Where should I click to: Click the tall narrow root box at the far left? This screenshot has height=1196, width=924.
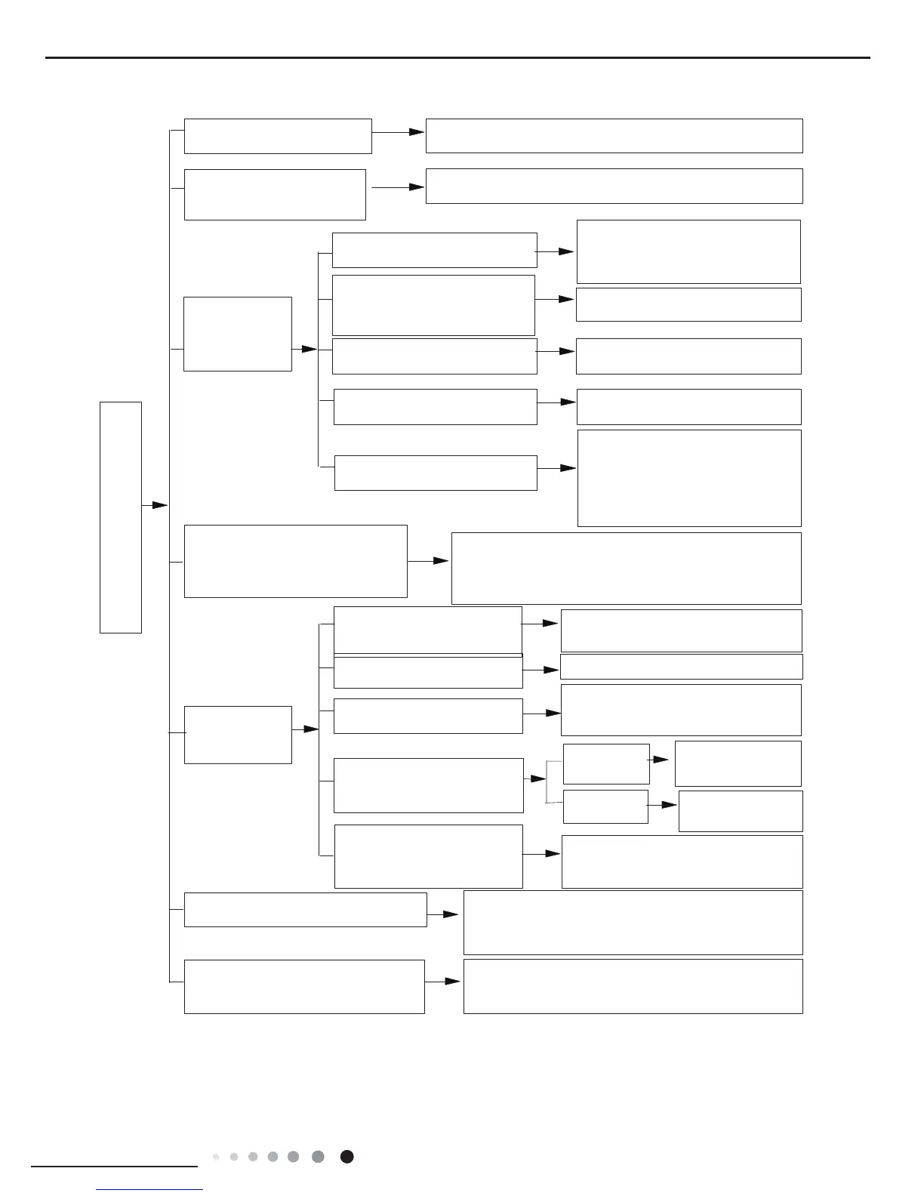121,517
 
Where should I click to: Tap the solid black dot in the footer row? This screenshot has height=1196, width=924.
346,1157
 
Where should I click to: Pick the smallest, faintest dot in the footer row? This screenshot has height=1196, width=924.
216,1157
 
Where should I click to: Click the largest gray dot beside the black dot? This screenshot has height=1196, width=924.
318,1157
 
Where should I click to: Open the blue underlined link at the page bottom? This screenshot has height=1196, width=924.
149,1190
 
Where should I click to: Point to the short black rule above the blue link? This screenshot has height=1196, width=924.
113,1167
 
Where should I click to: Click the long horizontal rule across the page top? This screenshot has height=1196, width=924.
457,57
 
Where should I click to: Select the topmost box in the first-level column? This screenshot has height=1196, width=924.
278,136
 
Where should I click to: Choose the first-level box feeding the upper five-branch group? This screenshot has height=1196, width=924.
238,334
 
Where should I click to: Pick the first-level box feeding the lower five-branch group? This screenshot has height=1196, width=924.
238,735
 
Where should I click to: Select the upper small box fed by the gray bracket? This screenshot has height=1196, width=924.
606,764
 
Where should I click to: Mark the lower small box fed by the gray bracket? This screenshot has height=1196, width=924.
605,806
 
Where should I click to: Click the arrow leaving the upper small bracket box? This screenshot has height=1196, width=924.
659,759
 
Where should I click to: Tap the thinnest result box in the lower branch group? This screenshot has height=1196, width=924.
681,666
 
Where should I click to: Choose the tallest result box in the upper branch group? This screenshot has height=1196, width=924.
688,478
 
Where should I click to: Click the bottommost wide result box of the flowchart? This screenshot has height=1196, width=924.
633,986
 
